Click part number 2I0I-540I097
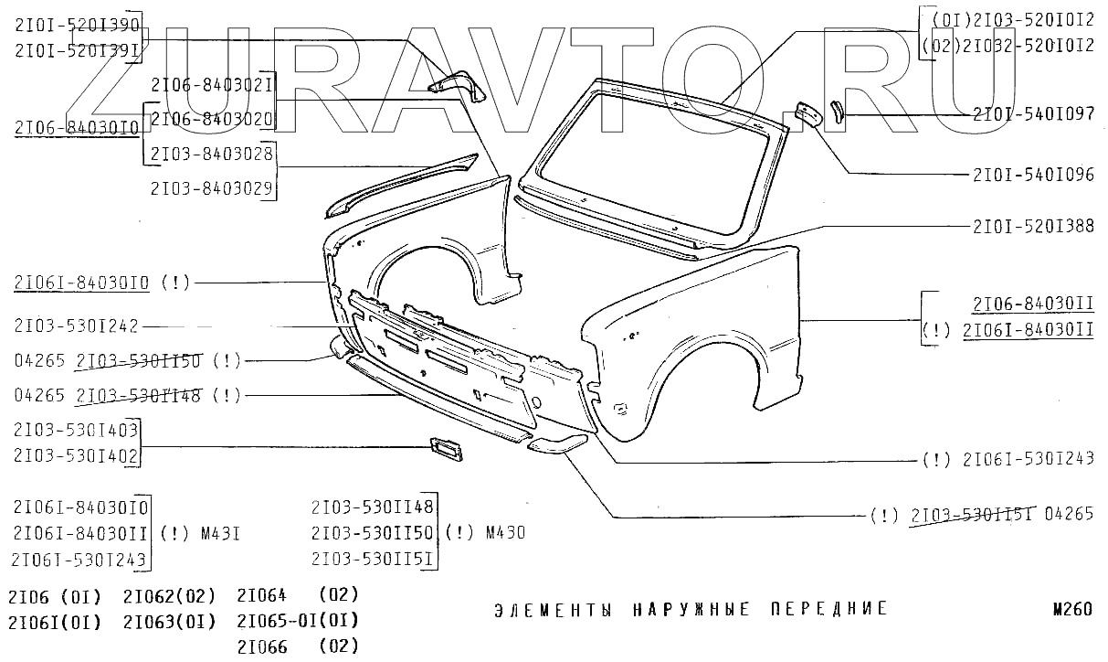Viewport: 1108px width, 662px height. (x=1033, y=114)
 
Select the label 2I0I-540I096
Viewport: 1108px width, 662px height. (x=1033, y=175)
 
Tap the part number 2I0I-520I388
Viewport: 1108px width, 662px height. (x=1033, y=226)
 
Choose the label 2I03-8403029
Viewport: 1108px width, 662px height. (x=211, y=187)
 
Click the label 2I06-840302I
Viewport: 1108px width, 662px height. (x=211, y=85)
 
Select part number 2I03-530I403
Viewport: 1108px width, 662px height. (x=75, y=430)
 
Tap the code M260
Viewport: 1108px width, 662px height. (x=1071, y=610)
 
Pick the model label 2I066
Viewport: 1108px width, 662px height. (x=262, y=646)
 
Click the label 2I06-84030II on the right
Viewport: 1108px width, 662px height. (x=1033, y=304)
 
